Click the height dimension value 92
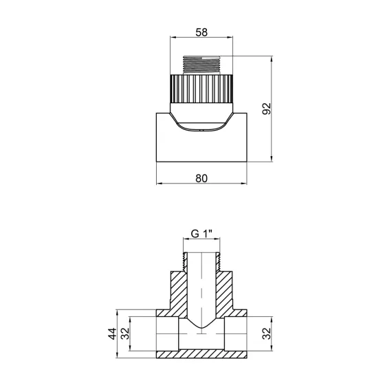pos(269,109)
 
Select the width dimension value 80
pos(202,177)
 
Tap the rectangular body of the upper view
pos(201,148)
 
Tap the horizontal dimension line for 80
pos(202,185)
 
